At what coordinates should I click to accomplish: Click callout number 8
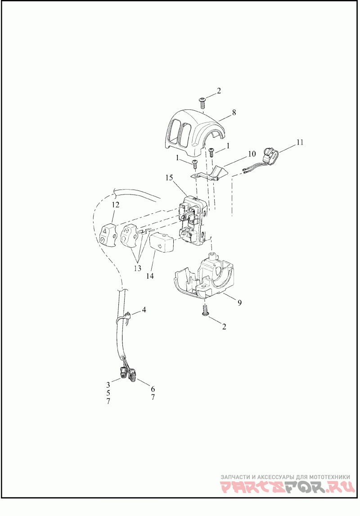click(234, 113)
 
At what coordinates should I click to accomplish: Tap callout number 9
click(239, 303)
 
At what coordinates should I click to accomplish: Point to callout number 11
click(300, 142)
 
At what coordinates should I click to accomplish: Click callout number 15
click(169, 178)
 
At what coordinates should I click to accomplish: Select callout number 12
click(116, 205)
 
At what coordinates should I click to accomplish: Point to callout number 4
click(144, 310)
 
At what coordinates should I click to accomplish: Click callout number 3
click(108, 385)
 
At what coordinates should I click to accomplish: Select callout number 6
click(153, 389)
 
